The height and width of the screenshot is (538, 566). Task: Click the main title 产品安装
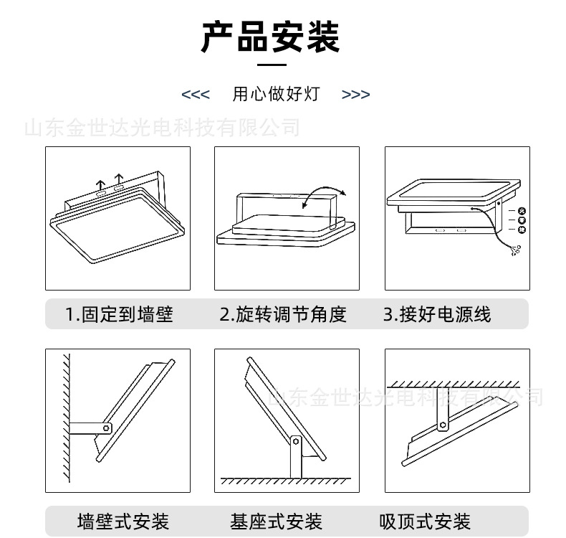tap(270, 37)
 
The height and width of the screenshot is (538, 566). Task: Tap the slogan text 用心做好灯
tap(275, 94)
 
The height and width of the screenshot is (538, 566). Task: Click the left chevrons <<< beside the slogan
tap(196, 95)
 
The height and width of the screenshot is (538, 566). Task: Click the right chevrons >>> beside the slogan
tap(355, 95)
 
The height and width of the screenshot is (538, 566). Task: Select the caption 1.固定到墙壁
tap(119, 314)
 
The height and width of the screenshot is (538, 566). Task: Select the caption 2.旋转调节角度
tap(283, 314)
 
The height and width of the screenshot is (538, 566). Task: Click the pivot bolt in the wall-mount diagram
tap(105, 428)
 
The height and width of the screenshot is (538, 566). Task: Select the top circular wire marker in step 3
tap(522, 210)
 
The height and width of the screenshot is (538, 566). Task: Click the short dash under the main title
tap(270, 65)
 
